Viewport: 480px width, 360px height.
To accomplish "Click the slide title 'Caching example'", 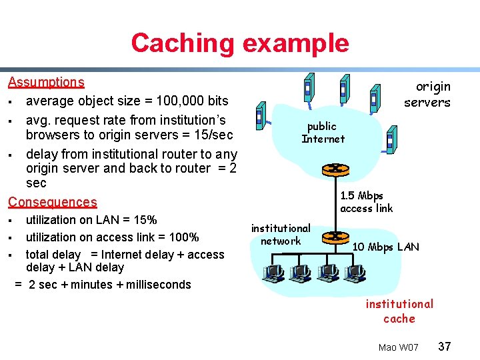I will point(240,43).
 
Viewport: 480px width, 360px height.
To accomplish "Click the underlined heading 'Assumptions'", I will point(46,82).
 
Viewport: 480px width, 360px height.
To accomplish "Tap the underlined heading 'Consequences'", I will point(52,202).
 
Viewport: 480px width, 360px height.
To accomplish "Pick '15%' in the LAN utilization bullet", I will point(143,219).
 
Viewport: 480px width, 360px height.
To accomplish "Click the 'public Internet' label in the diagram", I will point(323,132).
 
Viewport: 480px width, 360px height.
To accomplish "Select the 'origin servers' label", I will point(428,94).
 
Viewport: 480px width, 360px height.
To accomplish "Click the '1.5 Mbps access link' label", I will point(366,201).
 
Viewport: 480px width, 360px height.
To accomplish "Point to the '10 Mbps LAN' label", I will point(385,247).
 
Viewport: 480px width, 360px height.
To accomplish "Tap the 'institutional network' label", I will point(281,234).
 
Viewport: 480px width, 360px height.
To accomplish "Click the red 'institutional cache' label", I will point(399,311).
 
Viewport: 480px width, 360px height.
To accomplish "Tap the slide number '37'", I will point(445,347).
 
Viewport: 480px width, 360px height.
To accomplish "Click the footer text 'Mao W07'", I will point(398,347).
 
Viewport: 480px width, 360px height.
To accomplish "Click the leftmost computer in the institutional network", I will point(274,273).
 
